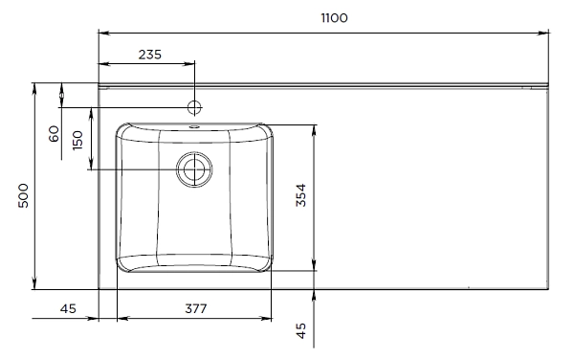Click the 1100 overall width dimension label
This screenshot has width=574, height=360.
[334, 18]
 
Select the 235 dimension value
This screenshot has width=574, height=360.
[150, 54]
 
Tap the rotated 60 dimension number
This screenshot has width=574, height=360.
[55, 133]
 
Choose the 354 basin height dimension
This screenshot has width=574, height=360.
[300, 196]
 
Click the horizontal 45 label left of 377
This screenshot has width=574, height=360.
[68, 307]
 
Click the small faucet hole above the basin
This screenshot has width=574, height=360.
[194, 106]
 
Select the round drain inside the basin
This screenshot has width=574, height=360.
[194, 170]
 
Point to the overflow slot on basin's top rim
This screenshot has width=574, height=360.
[194, 124]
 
